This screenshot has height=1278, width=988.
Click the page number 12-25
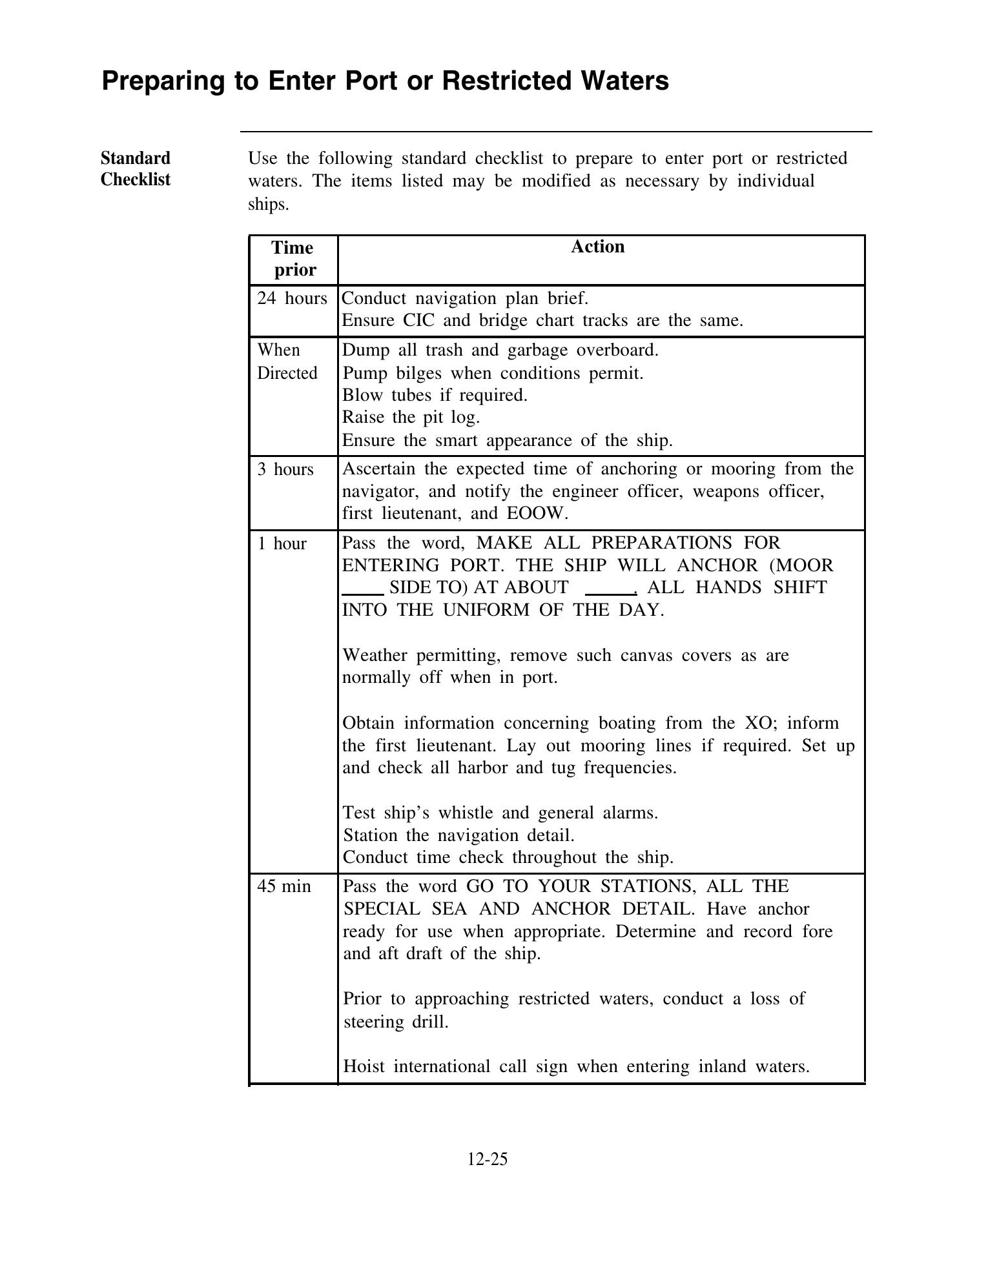point(488,1159)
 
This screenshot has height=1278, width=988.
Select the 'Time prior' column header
point(293,259)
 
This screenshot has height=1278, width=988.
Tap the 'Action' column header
point(597,247)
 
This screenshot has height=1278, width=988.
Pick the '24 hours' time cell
point(292,298)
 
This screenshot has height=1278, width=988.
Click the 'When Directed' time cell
point(287,361)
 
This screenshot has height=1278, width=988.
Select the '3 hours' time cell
point(285,469)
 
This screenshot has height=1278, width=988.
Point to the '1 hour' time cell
point(282,544)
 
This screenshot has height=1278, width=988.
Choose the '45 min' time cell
point(283,887)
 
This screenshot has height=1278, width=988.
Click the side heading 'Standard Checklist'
point(136,168)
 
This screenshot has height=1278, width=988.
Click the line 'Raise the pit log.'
point(411,418)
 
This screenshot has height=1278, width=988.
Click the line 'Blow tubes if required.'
point(435,395)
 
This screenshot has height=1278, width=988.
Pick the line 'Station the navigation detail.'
point(458,836)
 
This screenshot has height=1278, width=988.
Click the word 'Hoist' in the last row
point(364,1066)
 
